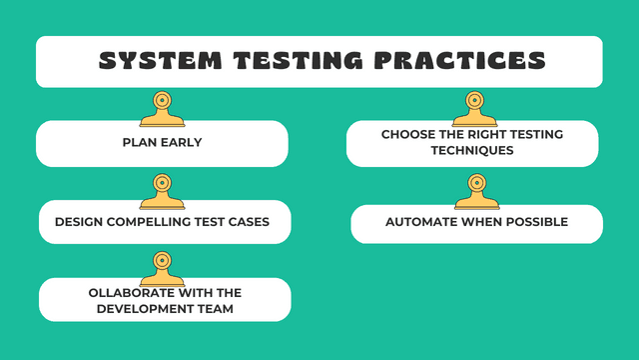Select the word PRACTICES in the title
462,61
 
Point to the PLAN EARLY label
163,142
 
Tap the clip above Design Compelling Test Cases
163,187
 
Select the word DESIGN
80,222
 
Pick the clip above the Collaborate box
162,266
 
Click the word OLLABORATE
122,292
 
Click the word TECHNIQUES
472,150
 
